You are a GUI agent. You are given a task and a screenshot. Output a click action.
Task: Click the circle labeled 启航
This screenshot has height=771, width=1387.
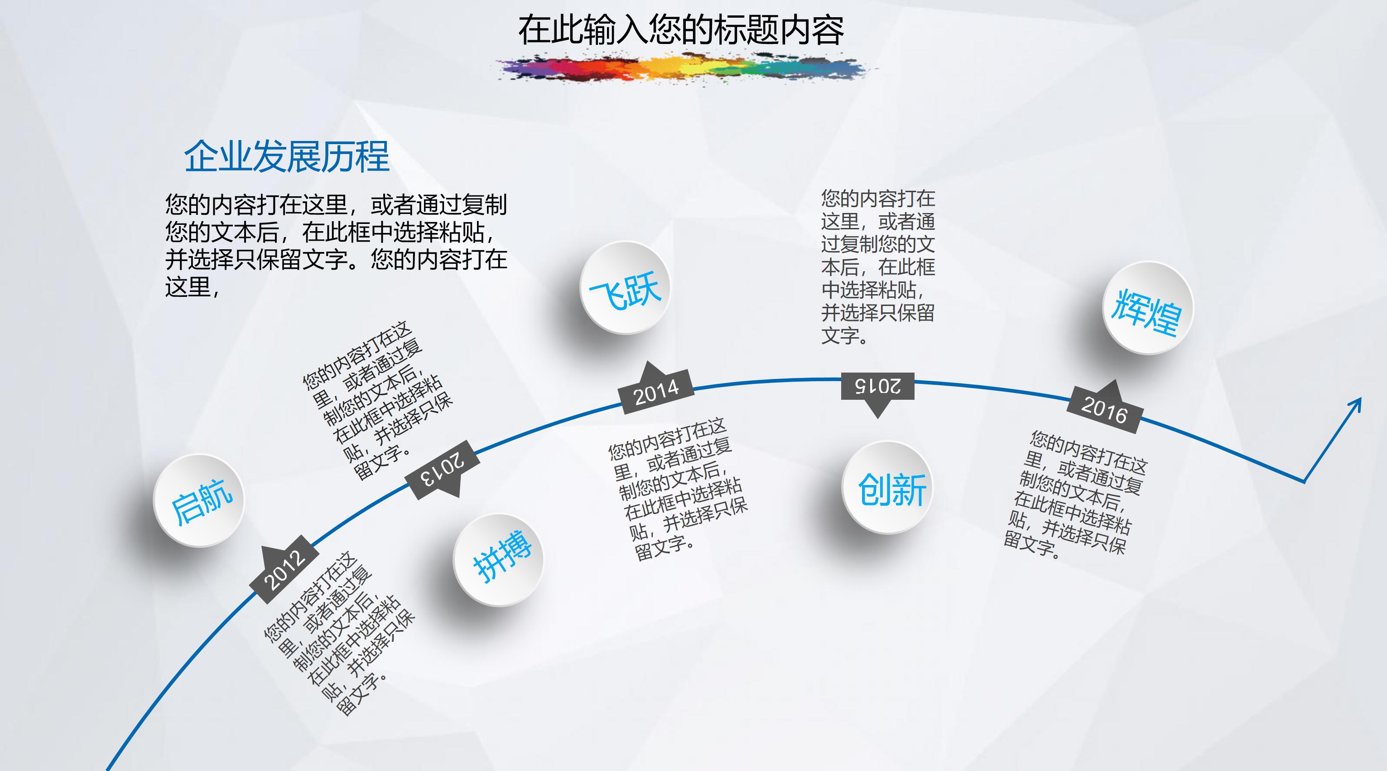(x=199, y=500)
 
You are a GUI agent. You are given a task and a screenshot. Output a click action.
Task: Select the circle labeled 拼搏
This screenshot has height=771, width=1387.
(x=499, y=560)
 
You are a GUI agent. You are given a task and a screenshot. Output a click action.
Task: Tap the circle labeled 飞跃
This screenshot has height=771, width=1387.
(x=625, y=288)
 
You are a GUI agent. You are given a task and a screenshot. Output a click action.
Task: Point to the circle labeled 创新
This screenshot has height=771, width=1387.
(x=888, y=488)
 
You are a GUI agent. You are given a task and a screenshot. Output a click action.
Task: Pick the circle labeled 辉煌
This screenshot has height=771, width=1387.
(x=1148, y=308)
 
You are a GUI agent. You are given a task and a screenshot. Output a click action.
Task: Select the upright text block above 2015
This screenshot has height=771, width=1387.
(x=878, y=267)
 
